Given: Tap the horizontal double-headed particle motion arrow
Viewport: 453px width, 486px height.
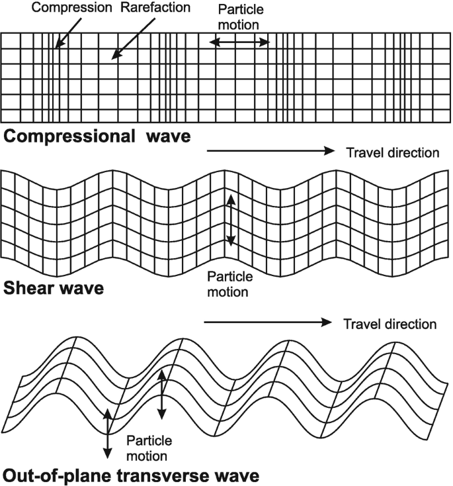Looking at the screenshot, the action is click(x=239, y=42).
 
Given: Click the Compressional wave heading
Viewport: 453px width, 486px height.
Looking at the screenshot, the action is click(x=97, y=137).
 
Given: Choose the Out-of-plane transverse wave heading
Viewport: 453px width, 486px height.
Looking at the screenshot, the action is click(x=130, y=475).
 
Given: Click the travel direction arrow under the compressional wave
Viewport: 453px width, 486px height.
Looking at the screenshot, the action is click(x=272, y=151).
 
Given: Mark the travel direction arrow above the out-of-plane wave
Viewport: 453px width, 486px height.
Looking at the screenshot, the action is click(x=268, y=323).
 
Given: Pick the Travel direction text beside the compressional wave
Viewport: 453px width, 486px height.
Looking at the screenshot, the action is click(x=392, y=153).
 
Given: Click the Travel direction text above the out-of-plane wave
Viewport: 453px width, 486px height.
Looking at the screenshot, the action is click(x=390, y=324).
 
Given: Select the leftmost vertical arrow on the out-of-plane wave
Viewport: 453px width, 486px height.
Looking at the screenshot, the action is click(x=106, y=433).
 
